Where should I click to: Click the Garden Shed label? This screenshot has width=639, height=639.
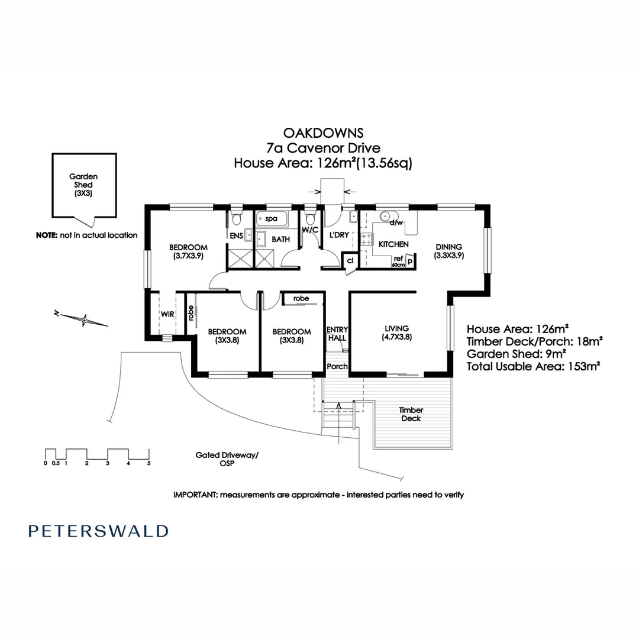click(x=83, y=185)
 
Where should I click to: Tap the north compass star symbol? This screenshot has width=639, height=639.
click(x=85, y=320)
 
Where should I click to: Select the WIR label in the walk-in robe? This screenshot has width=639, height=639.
click(x=167, y=315)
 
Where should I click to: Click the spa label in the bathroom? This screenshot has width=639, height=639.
click(x=271, y=219)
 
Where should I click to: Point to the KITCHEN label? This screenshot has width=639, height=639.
click(x=393, y=244)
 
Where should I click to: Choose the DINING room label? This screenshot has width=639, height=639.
click(x=449, y=247)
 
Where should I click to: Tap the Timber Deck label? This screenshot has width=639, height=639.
click(x=410, y=414)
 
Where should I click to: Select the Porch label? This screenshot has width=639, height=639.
click(x=337, y=366)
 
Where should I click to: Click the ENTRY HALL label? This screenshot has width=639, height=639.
click(x=337, y=334)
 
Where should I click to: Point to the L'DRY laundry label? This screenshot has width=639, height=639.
click(x=338, y=235)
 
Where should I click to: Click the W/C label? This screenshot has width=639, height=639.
click(x=311, y=230)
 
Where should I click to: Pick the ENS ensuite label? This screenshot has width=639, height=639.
click(x=236, y=235)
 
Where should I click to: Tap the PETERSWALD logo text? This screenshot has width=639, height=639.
click(x=98, y=531)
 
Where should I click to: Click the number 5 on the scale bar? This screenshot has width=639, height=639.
click(x=149, y=463)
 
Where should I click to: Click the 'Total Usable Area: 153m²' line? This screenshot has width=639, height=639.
click(x=534, y=367)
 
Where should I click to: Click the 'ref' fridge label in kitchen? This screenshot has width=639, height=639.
click(x=398, y=258)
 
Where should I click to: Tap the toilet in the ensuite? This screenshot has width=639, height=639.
click(x=237, y=220)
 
